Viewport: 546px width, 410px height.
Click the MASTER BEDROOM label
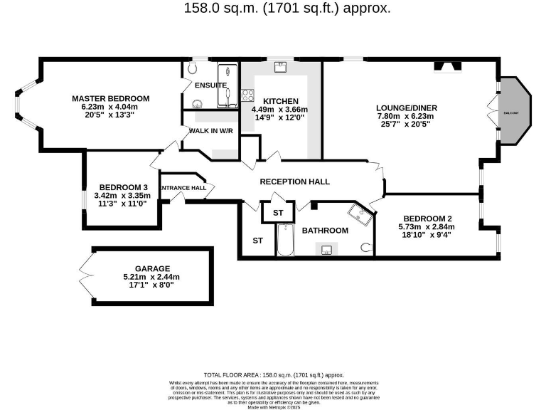(x=110, y=98)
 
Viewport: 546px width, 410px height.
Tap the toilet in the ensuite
(x=192, y=70)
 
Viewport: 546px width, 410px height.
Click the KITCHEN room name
(x=281, y=101)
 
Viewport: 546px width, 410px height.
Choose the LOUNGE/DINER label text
(x=407, y=108)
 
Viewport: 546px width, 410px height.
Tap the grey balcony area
(x=512, y=112)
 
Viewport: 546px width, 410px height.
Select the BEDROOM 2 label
(x=427, y=219)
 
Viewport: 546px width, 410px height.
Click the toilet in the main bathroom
(x=366, y=247)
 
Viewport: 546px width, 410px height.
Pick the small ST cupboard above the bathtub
(x=278, y=213)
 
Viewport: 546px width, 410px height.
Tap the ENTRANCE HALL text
(x=182, y=188)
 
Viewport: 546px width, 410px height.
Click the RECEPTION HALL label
(x=294, y=182)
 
